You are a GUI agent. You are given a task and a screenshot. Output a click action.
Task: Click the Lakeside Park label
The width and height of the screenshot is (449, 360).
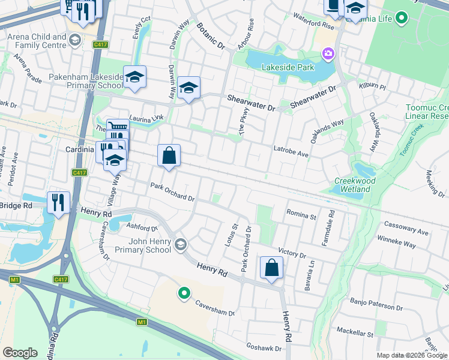[x=288, y=67]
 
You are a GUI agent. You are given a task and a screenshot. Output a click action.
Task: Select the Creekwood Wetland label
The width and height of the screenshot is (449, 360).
[x=354, y=185]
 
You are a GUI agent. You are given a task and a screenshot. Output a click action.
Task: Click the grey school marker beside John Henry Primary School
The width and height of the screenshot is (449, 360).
[x=180, y=244]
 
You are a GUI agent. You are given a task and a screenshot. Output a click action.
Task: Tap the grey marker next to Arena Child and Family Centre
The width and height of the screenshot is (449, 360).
[x=75, y=40]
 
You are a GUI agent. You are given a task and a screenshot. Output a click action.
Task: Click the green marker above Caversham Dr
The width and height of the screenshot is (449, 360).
[x=184, y=293]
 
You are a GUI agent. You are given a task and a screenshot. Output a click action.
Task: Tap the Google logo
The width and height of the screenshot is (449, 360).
[x=20, y=353]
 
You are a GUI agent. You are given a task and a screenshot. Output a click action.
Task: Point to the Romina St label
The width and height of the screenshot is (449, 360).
[x=301, y=214]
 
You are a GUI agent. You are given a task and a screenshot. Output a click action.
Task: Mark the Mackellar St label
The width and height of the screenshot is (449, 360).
[x=355, y=332]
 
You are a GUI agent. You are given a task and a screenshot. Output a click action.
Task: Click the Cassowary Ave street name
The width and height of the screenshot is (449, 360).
[x=407, y=232]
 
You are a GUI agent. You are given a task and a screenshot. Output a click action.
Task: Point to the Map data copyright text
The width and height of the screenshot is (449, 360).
[x=412, y=355]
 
